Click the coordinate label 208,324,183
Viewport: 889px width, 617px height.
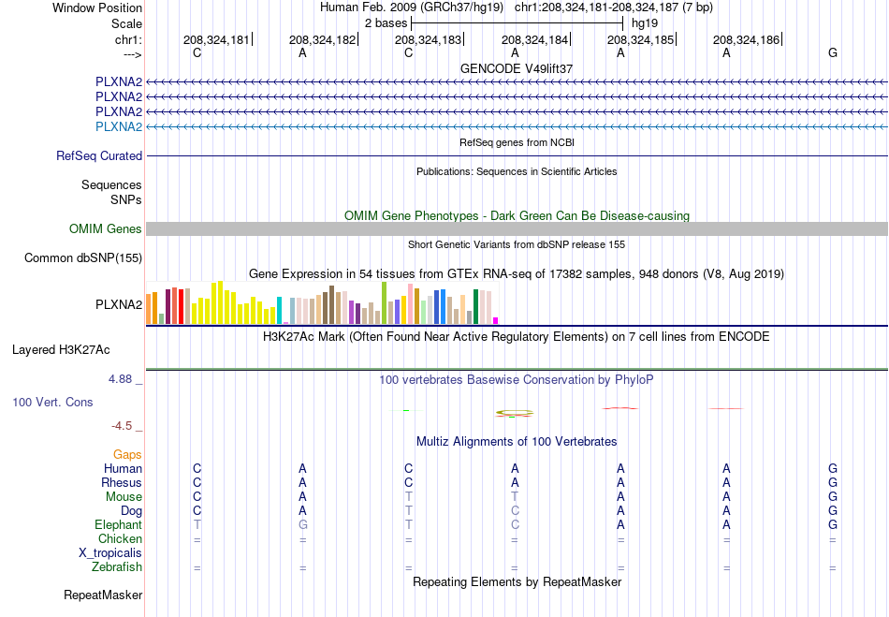(428, 39)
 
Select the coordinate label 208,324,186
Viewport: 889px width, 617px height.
(746, 39)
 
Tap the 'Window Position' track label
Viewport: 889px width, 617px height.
(97, 7)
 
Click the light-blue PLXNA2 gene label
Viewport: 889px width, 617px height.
(119, 126)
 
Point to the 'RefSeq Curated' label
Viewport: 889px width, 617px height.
(99, 156)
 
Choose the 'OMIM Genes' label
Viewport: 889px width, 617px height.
(106, 228)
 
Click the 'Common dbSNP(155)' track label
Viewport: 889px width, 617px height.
(83, 258)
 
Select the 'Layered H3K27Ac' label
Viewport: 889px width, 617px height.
(61, 350)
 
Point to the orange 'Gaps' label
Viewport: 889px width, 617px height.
(127, 454)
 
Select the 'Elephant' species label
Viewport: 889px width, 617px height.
(118, 524)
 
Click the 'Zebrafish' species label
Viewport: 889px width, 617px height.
(117, 566)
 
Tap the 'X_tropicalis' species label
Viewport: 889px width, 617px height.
(110, 553)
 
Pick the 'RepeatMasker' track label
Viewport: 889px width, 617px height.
(103, 595)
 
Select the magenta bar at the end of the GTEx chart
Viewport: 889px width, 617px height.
(496, 321)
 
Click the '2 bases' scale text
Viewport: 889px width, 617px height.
(386, 23)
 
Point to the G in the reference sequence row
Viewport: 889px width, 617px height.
(832, 52)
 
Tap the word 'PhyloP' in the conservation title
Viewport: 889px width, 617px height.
(634, 379)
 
